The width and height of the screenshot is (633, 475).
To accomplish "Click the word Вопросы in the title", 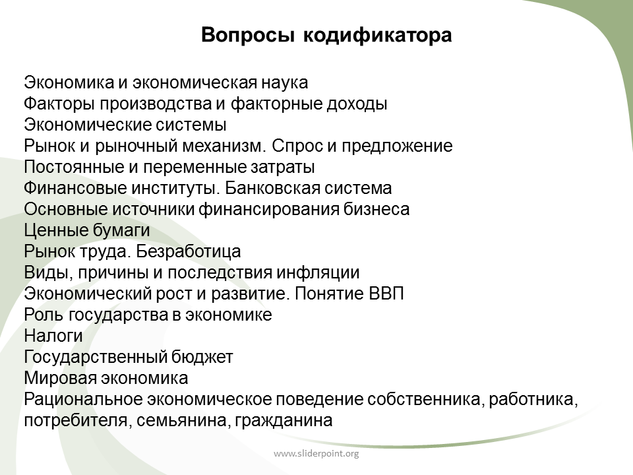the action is pyautogui.click(x=247, y=36).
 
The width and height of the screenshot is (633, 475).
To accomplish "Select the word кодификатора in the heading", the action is pyautogui.click(x=377, y=36).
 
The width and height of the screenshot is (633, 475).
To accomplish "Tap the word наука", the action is pyautogui.click(x=284, y=83).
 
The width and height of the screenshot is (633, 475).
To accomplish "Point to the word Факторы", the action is pyautogui.click(x=60, y=104).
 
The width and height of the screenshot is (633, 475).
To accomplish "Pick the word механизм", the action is pyautogui.click(x=224, y=146).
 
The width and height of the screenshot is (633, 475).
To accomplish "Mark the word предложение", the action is pyautogui.click(x=397, y=146).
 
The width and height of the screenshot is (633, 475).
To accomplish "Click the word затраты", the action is pyautogui.click(x=283, y=168).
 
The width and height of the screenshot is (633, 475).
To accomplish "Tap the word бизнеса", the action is pyautogui.click(x=377, y=209).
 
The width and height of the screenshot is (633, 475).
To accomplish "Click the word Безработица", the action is pyautogui.click(x=188, y=251).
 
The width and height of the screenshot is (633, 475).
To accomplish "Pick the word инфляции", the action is pyautogui.click(x=318, y=272).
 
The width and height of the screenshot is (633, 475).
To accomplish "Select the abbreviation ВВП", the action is pyautogui.click(x=386, y=294).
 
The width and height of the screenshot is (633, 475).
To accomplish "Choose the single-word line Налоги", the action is pyautogui.click(x=53, y=336).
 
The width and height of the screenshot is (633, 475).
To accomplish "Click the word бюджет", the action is pyautogui.click(x=202, y=357).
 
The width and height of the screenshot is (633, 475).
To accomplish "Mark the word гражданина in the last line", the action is pyautogui.click(x=284, y=420).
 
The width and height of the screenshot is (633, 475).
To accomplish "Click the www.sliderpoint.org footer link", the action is pyautogui.click(x=316, y=454).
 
